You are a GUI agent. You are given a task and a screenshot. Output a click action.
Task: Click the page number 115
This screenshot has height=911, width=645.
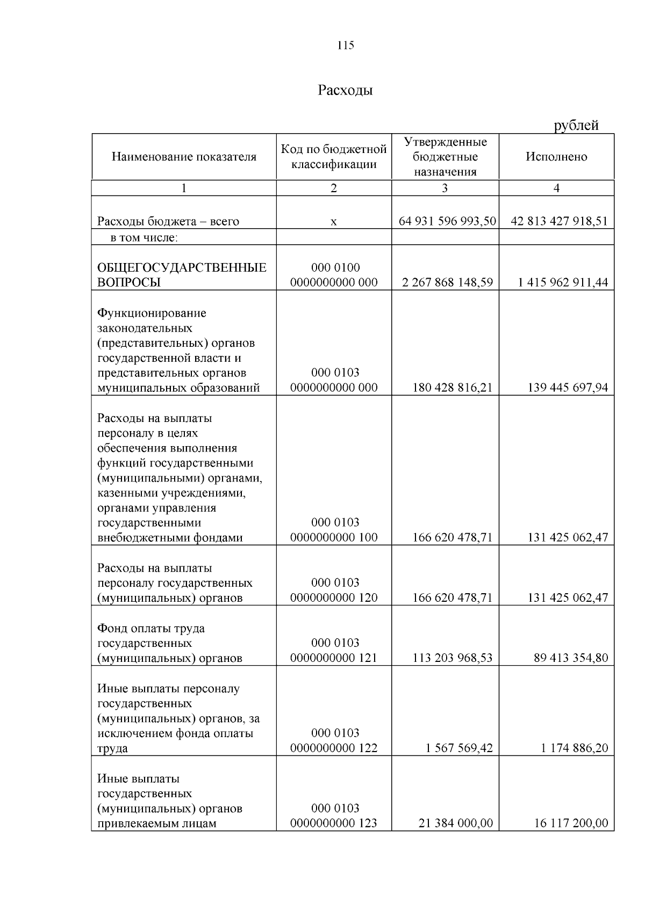[x=346, y=46]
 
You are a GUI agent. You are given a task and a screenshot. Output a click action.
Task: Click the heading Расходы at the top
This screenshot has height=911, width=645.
[x=345, y=90]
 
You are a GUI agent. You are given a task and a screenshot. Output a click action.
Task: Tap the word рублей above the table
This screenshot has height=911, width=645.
[x=576, y=126]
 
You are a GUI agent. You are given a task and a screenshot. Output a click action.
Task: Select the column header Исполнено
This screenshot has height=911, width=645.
[x=556, y=157]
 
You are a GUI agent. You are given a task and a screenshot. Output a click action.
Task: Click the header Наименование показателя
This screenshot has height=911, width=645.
[x=184, y=157]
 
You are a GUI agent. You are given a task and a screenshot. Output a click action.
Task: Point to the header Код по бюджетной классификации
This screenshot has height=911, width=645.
[x=334, y=156]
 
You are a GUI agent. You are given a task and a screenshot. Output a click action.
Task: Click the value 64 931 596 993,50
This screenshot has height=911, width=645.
[x=447, y=221]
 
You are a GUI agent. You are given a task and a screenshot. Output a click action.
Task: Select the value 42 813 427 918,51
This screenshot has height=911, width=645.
[x=559, y=221]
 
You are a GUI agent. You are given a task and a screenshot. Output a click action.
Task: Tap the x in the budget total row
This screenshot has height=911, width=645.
[x=334, y=222]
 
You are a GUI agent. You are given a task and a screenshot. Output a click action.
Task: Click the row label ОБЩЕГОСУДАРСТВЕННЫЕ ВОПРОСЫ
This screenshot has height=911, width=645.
[x=182, y=275]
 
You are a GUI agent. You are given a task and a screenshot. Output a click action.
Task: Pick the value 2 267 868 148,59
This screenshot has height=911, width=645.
[x=447, y=282]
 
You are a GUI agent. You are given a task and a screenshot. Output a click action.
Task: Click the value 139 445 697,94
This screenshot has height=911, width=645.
[x=568, y=388]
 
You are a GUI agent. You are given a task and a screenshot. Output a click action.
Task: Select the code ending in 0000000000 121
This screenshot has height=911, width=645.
[x=334, y=658]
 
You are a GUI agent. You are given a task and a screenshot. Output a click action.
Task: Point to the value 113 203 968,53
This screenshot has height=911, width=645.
[x=452, y=658]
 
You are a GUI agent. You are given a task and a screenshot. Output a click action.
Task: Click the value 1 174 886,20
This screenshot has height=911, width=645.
[x=571, y=748]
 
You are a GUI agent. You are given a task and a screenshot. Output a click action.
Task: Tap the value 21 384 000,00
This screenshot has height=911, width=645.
[x=455, y=823]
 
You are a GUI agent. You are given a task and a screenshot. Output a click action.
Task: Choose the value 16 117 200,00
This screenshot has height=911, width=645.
[x=571, y=823]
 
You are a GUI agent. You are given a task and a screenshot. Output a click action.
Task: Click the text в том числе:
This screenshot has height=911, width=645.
[x=144, y=237]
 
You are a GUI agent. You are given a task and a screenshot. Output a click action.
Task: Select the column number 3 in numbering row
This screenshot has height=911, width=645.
[x=445, y=188]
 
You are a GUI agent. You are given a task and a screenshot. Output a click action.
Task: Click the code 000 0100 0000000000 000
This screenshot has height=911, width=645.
[x=334, y=275]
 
